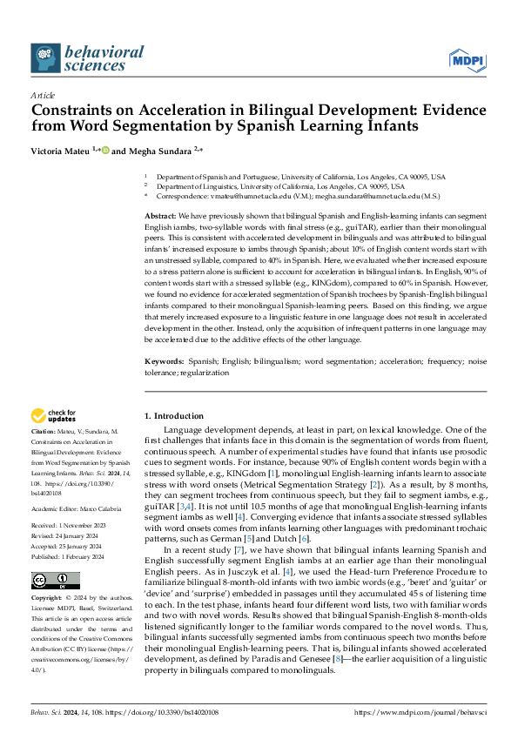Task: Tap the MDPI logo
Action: click(468, 59)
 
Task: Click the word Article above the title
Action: click(43, 95)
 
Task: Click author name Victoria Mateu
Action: click(62, 150)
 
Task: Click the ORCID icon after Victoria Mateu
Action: click(106, 150)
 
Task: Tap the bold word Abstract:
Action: click(160, 215)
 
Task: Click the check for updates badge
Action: click(53, 415)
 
